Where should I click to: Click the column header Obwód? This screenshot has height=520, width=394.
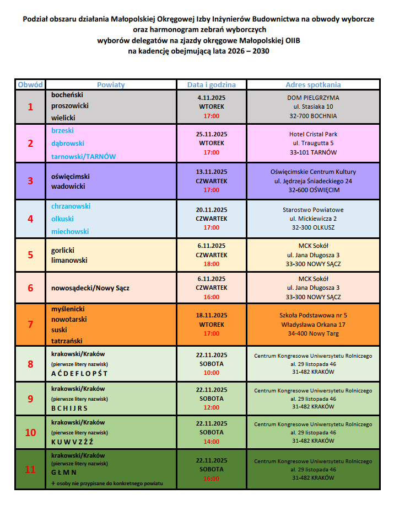[x=30, y=84]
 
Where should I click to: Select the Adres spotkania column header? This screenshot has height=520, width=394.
[x=313, y=84]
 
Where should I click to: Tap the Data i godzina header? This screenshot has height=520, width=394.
[x=211, y=84]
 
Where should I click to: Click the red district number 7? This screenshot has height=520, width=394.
[x=30, y=324]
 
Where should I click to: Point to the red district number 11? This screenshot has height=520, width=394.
[x=30, y=470]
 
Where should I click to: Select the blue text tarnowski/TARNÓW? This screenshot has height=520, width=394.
[x=83, y=156]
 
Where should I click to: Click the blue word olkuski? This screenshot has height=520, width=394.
[x=62, y=219]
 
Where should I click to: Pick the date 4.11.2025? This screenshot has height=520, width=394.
[x=212, y=97]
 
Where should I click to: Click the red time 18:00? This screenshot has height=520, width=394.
[x=212, y=264]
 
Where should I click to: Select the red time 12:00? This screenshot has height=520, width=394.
[x=212, y=407]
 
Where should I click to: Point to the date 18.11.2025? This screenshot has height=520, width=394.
[x=212, y=315]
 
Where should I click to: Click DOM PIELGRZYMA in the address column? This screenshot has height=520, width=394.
[x=313, y=97]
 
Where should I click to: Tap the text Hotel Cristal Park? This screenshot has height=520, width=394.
[x=313, y=134]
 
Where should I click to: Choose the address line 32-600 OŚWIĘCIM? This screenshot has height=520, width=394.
[x=313, y=190]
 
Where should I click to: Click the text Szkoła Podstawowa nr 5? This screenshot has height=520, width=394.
[x=313, y=315]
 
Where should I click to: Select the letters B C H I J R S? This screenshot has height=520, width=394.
[x=69, y=408]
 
